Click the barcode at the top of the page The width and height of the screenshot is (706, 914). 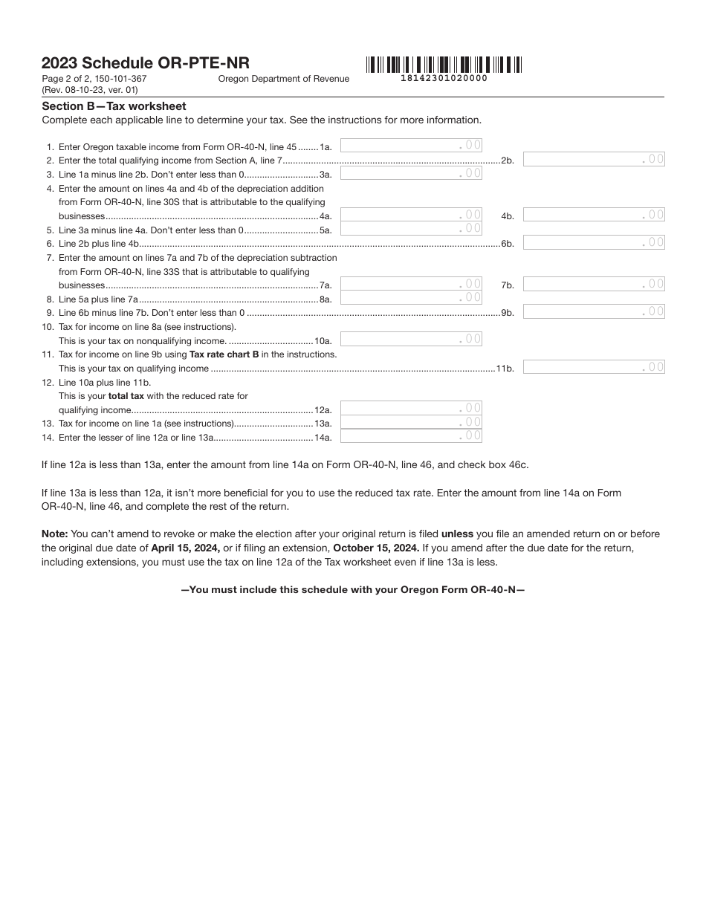click(x=444, y=64)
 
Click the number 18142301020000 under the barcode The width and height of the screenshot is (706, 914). click(x=444, y=78)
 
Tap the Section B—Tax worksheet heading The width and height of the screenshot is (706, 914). click(x=114, y=106)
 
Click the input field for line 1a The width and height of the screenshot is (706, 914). click(x=411, y=146)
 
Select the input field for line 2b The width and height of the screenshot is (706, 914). click(x=594, y=159)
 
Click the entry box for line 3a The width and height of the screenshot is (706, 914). click(x=411, y=173)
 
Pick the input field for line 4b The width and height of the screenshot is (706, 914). click(x=594, y=215)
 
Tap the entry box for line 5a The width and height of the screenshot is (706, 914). click(x=411, y=229)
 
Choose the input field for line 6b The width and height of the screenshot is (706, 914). click(x=594, y=242)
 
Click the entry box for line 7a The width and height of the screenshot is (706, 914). click(x=411, y=284)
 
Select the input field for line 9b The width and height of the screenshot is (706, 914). click(x=594, y=311)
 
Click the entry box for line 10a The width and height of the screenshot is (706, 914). click(x=411, y=340)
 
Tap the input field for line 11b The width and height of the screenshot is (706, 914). click(x=594, y=367)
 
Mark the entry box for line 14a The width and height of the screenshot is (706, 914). click(x=411, y=436)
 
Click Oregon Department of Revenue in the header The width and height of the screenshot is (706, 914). click(x=283, y=79)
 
